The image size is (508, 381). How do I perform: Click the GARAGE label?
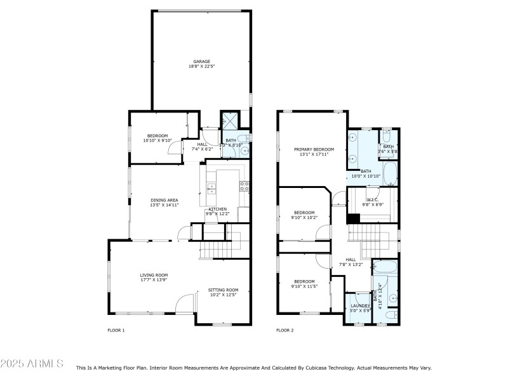pos(202,62)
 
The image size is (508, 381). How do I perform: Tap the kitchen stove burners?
pos(243,186)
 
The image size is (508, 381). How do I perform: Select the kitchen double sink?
pos(211,187)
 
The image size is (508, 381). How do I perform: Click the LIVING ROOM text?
pos(154,275)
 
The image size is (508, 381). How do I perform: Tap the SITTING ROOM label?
pos(223,290)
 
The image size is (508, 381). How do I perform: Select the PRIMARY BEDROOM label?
pos(314,149)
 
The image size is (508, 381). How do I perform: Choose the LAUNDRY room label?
pos(360,305)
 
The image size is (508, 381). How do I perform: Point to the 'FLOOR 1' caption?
pos(116,330)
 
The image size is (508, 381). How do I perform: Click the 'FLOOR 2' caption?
pos(284,330)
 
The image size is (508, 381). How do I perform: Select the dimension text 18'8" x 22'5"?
pos(202,67)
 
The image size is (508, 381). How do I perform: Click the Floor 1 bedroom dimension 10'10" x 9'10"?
pos(157,140)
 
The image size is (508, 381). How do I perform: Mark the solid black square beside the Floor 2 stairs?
pos(353,218)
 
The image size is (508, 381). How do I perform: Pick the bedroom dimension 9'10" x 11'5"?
pos(304,286)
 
